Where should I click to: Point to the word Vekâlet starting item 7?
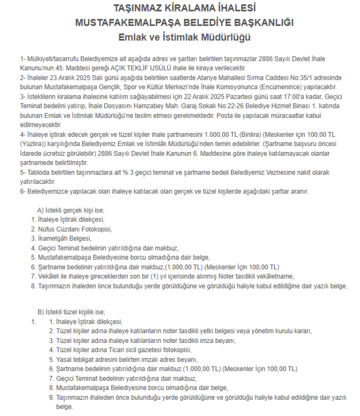coord(48,276)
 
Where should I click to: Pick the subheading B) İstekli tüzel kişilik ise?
coord(72,312)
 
